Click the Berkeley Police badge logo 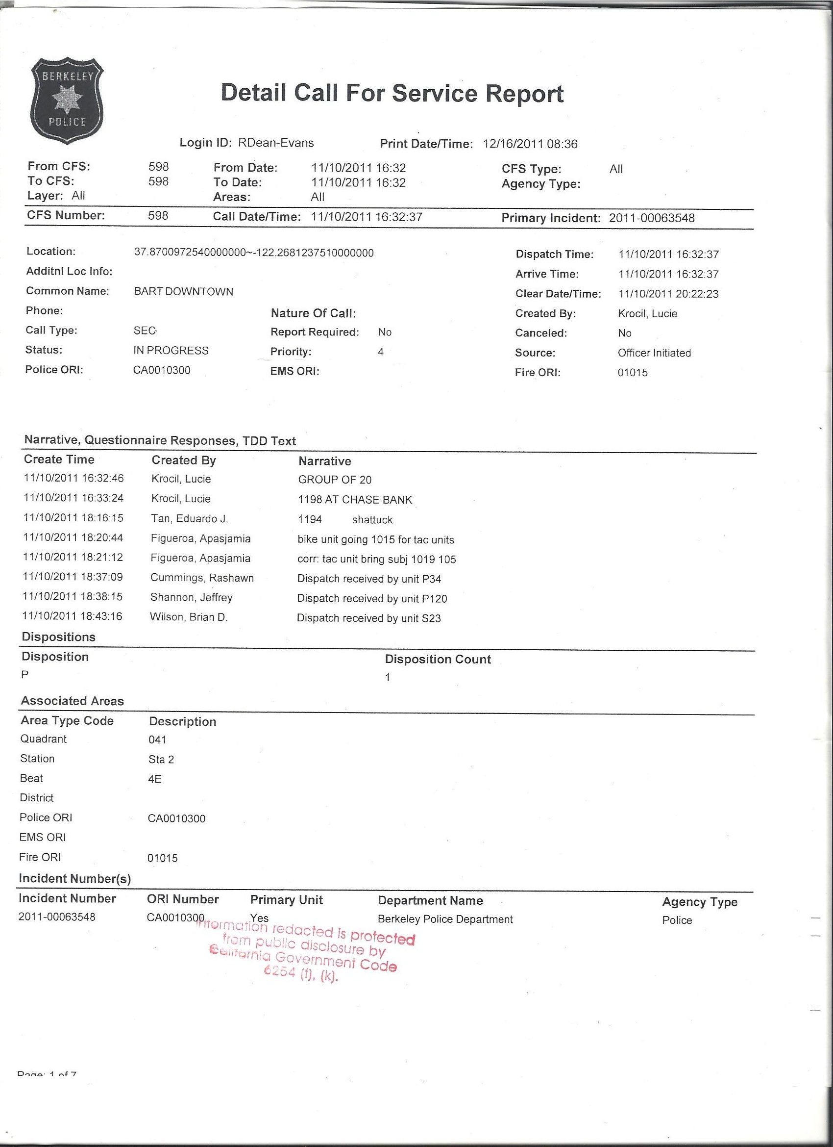pos(67,101)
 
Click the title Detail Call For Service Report pos(392,94)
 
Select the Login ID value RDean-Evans pos(276,143)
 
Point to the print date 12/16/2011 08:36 pos(530,144)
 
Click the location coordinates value pos(254,253)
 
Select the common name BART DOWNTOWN pos(183,292)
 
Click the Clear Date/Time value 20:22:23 pos(668,294)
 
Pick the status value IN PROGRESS pos(171,351)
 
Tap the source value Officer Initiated pos(654,353)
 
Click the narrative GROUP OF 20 pos(335,480)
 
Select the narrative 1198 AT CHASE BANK pos(355,500)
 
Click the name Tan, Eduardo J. pos(190,518)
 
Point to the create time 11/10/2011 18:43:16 pos(73,616)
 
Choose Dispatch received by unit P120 pos(372,599)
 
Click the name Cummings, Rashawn pos(202,578)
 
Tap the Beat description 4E pos(155,779)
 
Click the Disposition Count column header pos(438,660)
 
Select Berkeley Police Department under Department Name pos(445,919)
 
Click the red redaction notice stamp pos(305,951)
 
